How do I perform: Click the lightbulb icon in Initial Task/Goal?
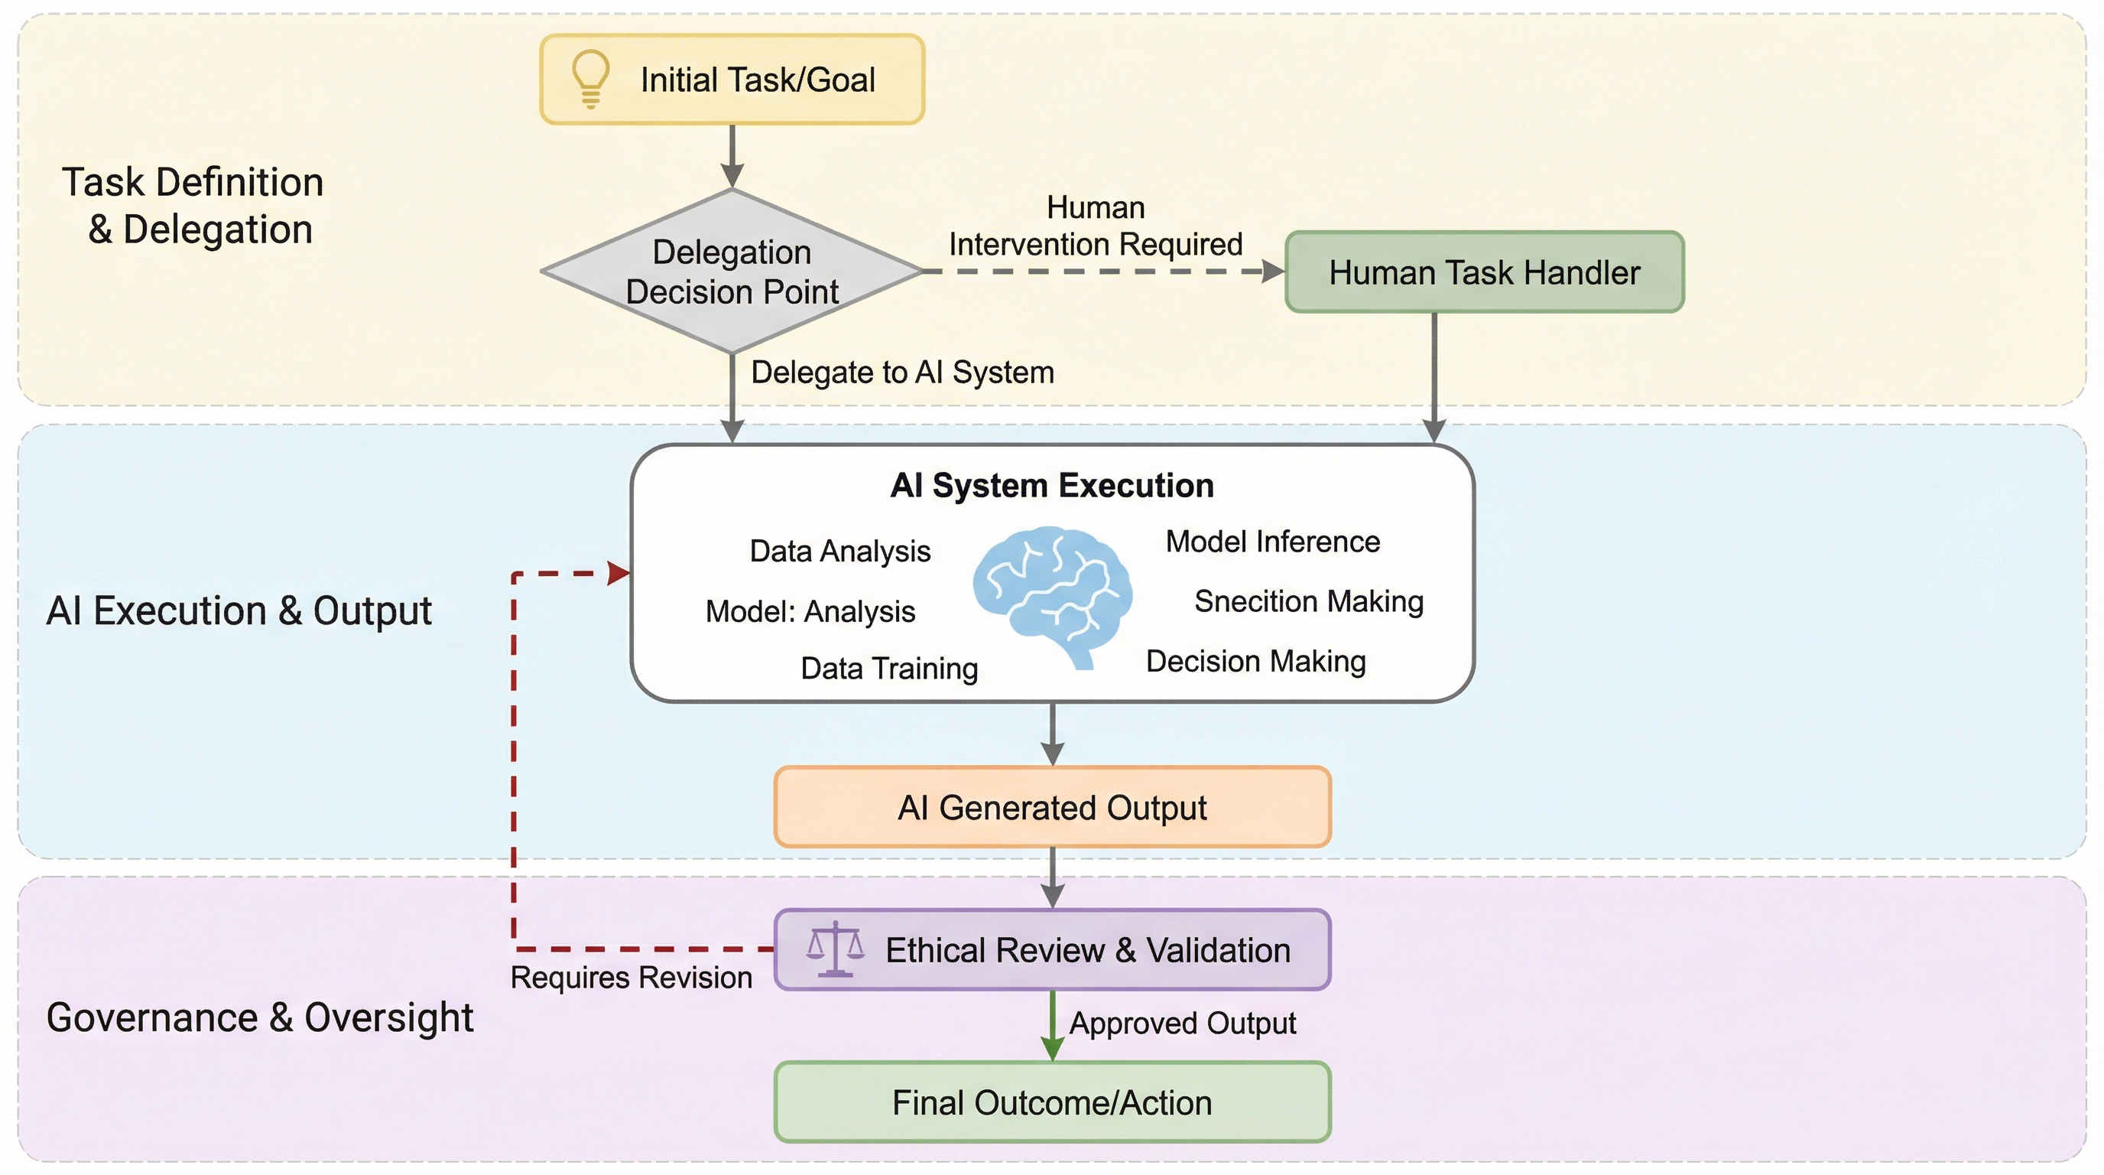pyautogui.click(x=590, y=79)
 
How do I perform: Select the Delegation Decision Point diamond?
pyautogui.click(x=732, y=272)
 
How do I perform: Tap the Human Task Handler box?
pyautogui.click(x=1484, y=272)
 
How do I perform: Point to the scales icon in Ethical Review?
pyautogui.click(x=835, y=949)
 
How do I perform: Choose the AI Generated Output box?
pyautogui.click(x=1052, y=807)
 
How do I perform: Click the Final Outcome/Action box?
pyautogui.click(x=1052, y=1102)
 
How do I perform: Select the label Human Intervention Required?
pyautogui.click(x=1096, y=226)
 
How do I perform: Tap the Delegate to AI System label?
pyautogui.click(x=902, y=373)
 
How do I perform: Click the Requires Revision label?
pyautogui.click(x=631, y=978)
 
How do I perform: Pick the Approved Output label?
pyautogui.click(x=1182, y=1023)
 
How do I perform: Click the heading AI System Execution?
pyautogui.click(x=1052, y=485)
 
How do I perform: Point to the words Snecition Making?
pyautogui.click(x=1308, y=601)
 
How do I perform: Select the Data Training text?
pyautogui.click(x=888, y=669)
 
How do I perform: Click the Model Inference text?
pyautogui.click(x=1272, y=542)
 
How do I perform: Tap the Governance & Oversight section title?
pyautogui.click(x=260, y=1017)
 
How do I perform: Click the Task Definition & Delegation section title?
pyautogui.click(x=193, y=205)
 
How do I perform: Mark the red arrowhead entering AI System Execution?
pyautogui.click(x=619, y=574)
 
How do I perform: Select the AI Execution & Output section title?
pyautogui.click(x=239, y=611)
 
